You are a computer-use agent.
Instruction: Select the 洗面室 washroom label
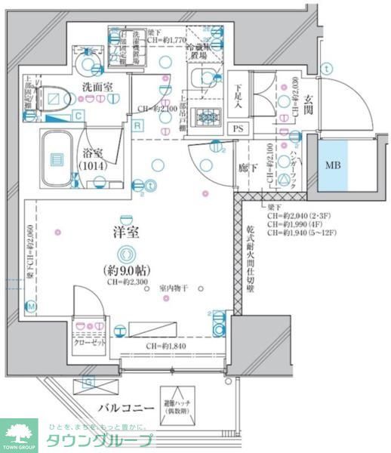tap(97, 88)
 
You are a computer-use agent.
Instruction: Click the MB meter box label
tap(331, 164)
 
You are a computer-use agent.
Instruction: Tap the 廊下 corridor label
tap(244, 170)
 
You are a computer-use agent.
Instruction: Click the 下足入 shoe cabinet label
tap(237, 91)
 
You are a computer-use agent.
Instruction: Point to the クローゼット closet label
tap(88, 341)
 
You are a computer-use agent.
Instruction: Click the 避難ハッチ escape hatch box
tap(178, 405)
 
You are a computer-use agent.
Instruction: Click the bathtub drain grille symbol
tap(57, 159)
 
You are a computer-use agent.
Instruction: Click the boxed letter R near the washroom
tap(137, 126)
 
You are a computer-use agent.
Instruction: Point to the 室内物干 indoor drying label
tap(173, 288)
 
